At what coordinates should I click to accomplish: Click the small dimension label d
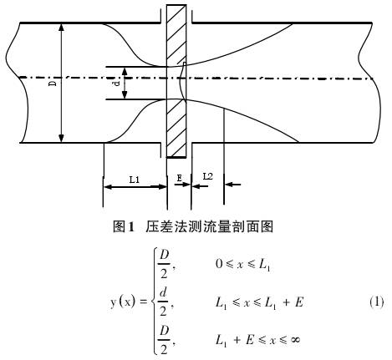pos(117,83)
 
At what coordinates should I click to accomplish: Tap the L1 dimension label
pos(134,180)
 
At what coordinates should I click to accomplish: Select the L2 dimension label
pos(208,176)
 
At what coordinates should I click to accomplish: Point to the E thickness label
pos(179,178)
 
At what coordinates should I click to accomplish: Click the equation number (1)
pos(377,302)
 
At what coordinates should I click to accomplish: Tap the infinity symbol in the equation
pos(294,339)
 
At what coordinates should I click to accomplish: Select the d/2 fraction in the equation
pos(164,302)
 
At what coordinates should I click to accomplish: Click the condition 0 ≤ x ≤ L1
pos(242,264)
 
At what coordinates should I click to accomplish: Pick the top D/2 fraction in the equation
pos(164,264)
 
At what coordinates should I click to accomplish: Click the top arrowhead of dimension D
pos(61,27)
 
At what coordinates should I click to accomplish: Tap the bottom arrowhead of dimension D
pos(61,139)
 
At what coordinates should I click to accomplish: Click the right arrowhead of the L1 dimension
pos(162,187)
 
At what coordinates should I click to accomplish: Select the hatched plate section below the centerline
pos(176,129)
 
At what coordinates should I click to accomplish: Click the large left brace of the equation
pos(154,302)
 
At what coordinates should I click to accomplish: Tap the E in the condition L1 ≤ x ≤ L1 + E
pos(298,302)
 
